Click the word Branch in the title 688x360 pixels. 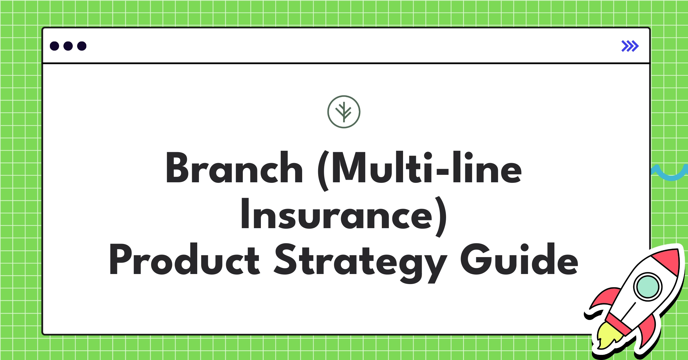point(234,168)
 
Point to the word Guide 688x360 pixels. point(519,259)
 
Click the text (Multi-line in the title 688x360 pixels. point(420,169)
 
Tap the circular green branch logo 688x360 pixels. point(344,112)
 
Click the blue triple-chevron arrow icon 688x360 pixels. point(630,46)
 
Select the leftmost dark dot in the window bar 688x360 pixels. point(54,46)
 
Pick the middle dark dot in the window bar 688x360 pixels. point(68,46)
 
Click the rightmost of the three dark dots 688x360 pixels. point(82,46)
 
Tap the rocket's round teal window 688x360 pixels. point(648,287)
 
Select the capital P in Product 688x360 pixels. point(120,259)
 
